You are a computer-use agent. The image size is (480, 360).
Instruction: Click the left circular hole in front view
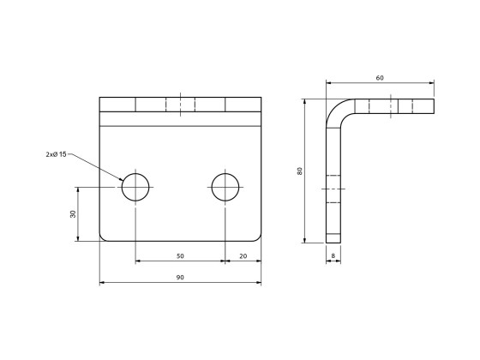click(135, 186)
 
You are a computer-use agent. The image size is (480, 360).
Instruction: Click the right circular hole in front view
click(225, 186)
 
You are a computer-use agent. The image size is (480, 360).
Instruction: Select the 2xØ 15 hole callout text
click(57, 154)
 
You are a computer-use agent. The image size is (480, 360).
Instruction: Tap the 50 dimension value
click(180, 255)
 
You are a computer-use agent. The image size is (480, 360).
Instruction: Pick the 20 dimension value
click(243, 255)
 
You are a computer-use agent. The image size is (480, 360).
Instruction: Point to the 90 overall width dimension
click(180, 277)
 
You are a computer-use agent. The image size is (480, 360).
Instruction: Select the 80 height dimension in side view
click(299, 171)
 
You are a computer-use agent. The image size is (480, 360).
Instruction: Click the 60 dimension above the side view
click(380, 78)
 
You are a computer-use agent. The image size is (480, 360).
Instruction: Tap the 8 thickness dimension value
click(333, 255)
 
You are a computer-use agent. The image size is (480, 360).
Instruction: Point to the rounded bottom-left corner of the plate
click(103, 237)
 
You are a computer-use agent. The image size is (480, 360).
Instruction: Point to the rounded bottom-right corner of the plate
click(257, 237)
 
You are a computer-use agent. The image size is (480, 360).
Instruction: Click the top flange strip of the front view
click(180, 105)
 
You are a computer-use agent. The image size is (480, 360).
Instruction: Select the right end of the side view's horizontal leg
click(433, 106)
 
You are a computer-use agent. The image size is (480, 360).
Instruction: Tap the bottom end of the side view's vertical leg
click(333, 240)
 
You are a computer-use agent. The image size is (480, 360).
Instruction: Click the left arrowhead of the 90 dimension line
click(102, 282)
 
